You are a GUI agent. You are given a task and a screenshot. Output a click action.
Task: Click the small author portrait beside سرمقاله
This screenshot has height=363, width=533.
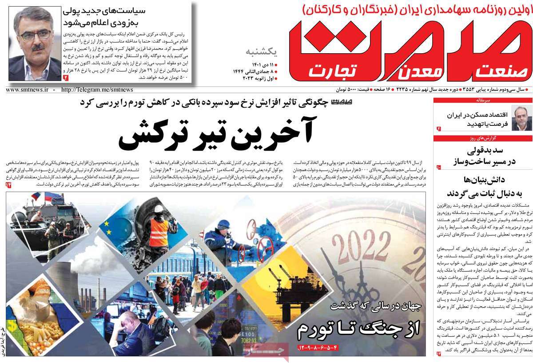pos(518,118)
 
